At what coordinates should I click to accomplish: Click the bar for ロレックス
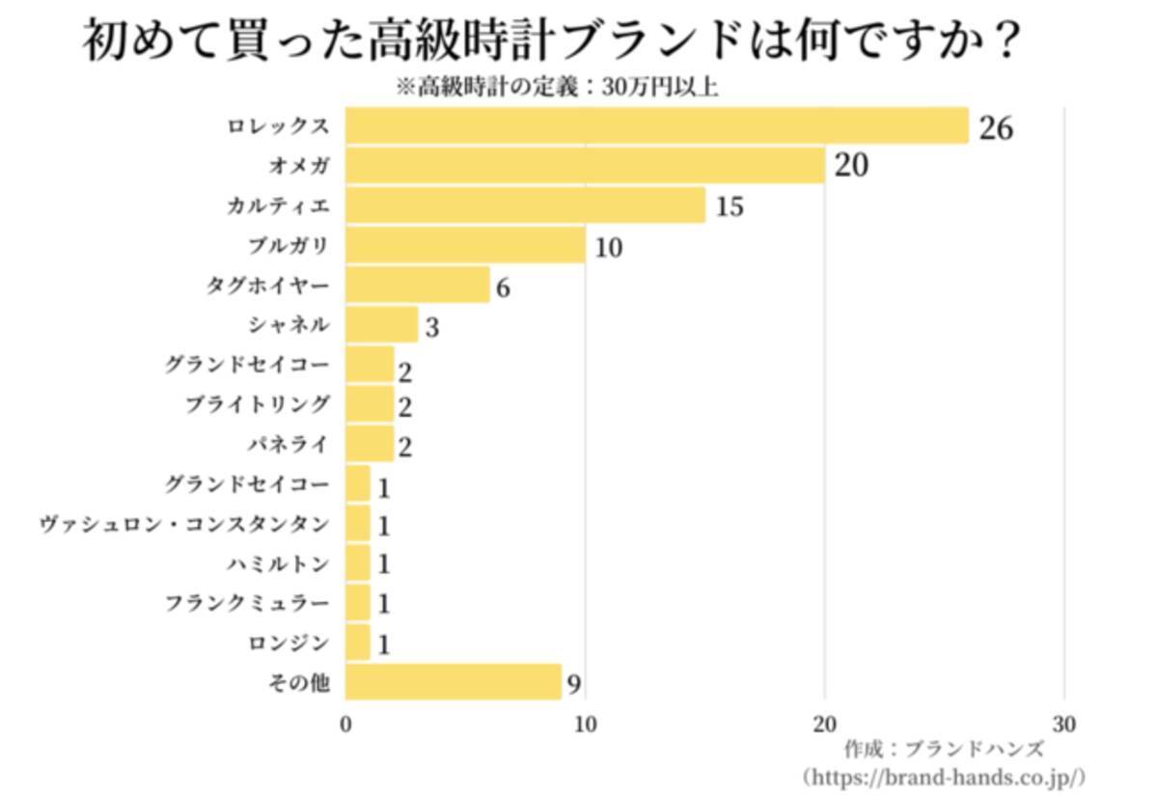(x=656, y=126)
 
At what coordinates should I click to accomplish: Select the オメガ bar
(x=585, y=166)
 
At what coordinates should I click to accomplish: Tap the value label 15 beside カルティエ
(x=730, y=206)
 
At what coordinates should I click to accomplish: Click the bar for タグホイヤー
(x=417, y=286)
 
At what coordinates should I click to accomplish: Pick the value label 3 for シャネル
(x=432, y=327)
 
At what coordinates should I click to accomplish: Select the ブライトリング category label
(x=258, y=404)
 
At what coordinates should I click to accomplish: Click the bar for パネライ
(x=370, y=444)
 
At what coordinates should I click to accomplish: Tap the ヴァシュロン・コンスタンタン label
(x=184, y=524)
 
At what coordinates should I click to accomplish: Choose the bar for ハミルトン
(x=358, y=563)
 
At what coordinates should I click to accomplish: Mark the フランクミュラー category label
(x=247, y=603)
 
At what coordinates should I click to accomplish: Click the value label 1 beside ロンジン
(x=383, y=645)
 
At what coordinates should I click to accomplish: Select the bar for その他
(x=453, y=682)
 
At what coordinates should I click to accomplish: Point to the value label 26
(x=996, y=127)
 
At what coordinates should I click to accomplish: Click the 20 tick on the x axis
(x=824, y=725)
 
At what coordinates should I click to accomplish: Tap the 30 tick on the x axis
(x=1063, y=725)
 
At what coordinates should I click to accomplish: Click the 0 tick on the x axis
(x=346, y=725)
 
